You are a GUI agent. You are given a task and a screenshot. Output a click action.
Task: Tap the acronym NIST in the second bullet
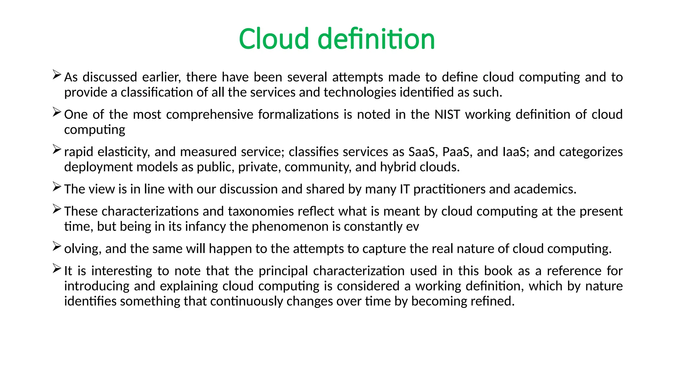coord(447,114)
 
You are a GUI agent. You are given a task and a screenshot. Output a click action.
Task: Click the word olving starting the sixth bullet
coord(82,249)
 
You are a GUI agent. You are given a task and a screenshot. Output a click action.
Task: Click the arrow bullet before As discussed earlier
coord(57,75)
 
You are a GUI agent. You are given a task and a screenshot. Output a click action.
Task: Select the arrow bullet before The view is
coord(57,187)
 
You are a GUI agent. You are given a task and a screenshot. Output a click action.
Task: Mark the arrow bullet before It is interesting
coord(57,268)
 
